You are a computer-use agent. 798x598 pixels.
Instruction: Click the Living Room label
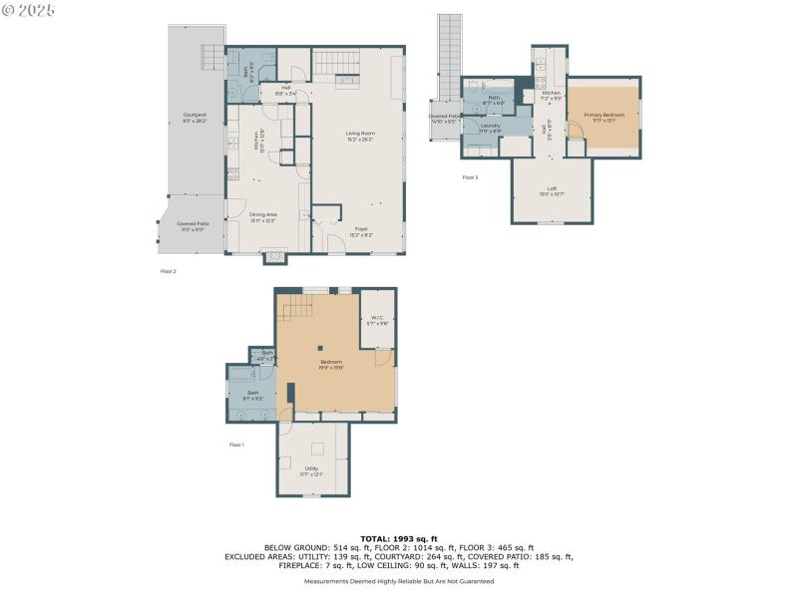coord(360,135)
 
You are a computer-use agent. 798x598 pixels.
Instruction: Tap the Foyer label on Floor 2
coord(362,231)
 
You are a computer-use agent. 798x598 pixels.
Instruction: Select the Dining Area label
coord(263,216)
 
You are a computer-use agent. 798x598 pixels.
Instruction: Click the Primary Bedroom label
coord(604,117)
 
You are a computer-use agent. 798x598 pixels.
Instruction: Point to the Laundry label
coord(490,127)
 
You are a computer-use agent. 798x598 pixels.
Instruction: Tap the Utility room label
coord(311,469)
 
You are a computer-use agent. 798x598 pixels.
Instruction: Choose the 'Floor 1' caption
coord(236,445)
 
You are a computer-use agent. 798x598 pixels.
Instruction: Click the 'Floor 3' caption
coord(470,177)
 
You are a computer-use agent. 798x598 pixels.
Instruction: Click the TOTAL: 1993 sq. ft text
coord(399,538)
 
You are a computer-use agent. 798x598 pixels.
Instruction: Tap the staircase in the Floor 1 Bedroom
coord(295,311)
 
